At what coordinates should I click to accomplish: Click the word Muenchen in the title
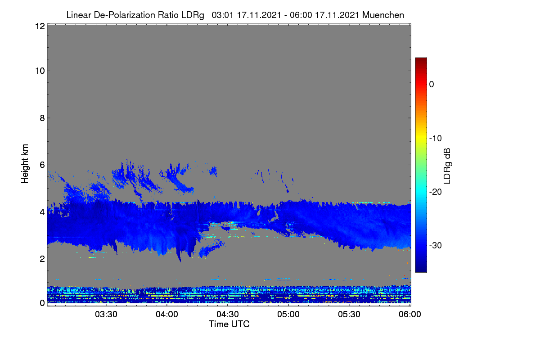[383, 15]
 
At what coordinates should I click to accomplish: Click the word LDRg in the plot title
[193, 15]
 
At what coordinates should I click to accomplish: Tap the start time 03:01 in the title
[222, 15]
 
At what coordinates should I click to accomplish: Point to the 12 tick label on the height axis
[40, 26]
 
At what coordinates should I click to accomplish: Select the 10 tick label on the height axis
[40, 71]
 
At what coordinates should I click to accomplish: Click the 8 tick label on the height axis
[42, 118]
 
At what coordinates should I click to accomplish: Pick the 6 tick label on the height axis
[42, 165]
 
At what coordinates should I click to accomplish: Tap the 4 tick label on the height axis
[42, 212]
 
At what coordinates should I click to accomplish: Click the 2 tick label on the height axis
[42, 259]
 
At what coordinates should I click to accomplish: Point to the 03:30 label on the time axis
[106, 314]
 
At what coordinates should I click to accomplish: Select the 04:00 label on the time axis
[167, 314]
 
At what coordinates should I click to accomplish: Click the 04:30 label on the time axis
[228, 314]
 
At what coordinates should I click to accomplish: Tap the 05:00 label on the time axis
[288, 314]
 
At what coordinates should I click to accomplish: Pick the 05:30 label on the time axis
[349, 314]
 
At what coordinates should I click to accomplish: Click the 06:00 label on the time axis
[410, 314]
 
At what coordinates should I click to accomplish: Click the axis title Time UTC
[229, 324]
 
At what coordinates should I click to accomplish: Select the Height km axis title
[25, 164]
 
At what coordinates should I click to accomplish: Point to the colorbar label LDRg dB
[447, 166]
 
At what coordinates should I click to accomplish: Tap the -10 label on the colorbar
[436, 139]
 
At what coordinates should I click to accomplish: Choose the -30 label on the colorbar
[436, 245]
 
